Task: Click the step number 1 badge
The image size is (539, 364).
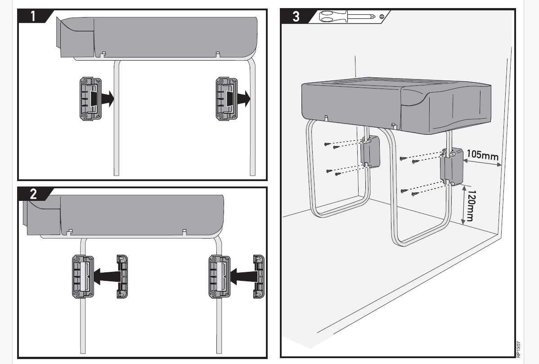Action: pyautogui.click(x=33, y=16)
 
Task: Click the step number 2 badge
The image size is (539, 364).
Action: pyautogui.click(x=33, y=194)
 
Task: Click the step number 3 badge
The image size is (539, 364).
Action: pyautogui.click(x=296, y=17)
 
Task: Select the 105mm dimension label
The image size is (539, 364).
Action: pyautogui.click(x=483, y=155)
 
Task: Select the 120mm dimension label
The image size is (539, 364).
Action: pyautogui.click(x=469, y=206)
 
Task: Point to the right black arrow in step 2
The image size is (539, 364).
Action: pyautogui.click(x=243, y=276)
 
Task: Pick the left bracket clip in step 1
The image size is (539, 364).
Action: pyautogui.click(x=90, y=99)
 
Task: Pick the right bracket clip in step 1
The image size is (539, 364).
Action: pyautogui.click(x=226, y=99)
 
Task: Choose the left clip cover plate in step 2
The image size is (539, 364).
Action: pyautogui.click(x=122, y=276)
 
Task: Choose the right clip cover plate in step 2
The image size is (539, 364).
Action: pyautogui.click(x=259, y=276)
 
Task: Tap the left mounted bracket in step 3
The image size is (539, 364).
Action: pyautogui.click(x=371, y=152)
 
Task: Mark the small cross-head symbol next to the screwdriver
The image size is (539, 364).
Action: pyautogui.click(x=382, y=17)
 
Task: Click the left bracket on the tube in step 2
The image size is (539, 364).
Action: pyautogui.click(x=83, y=276)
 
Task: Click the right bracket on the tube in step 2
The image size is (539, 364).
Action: pyautogui.click(x=219, y=276)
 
